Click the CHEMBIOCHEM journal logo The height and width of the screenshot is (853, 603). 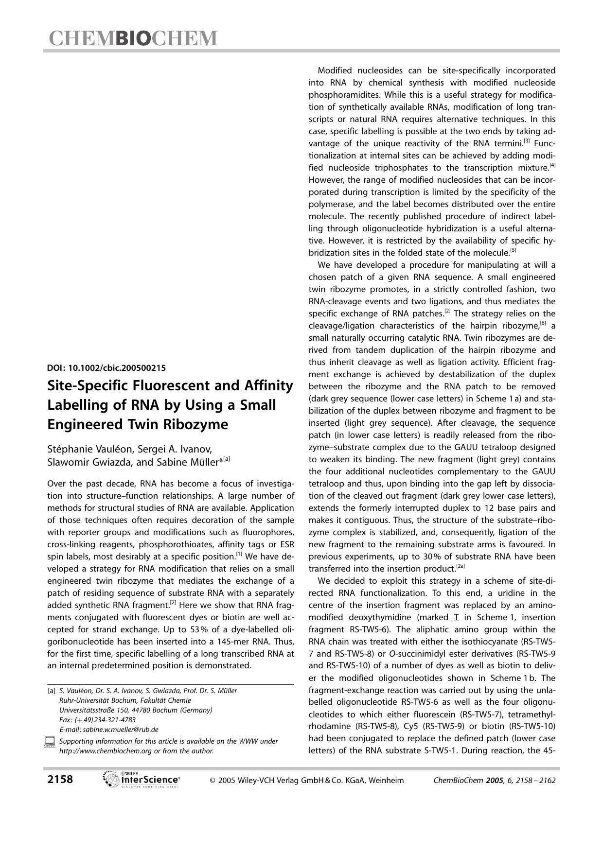[133, 39]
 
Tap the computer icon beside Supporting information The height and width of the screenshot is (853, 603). [49, 742]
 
